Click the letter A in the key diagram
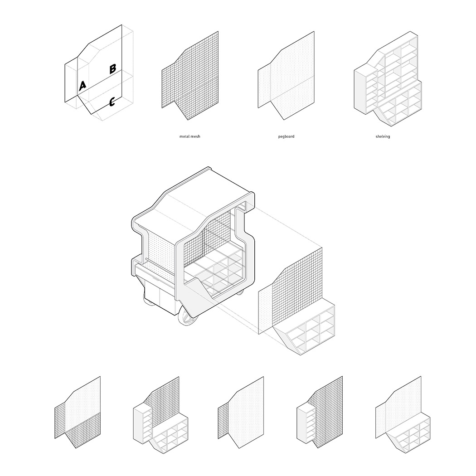[82, 86]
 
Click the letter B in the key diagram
[112, 68]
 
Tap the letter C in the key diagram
[112, 102]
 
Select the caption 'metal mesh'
[190, 136]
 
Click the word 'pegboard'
[286, 136]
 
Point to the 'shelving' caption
[383, 136]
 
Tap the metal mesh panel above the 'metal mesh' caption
[190, 76]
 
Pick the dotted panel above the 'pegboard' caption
[286, 76]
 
